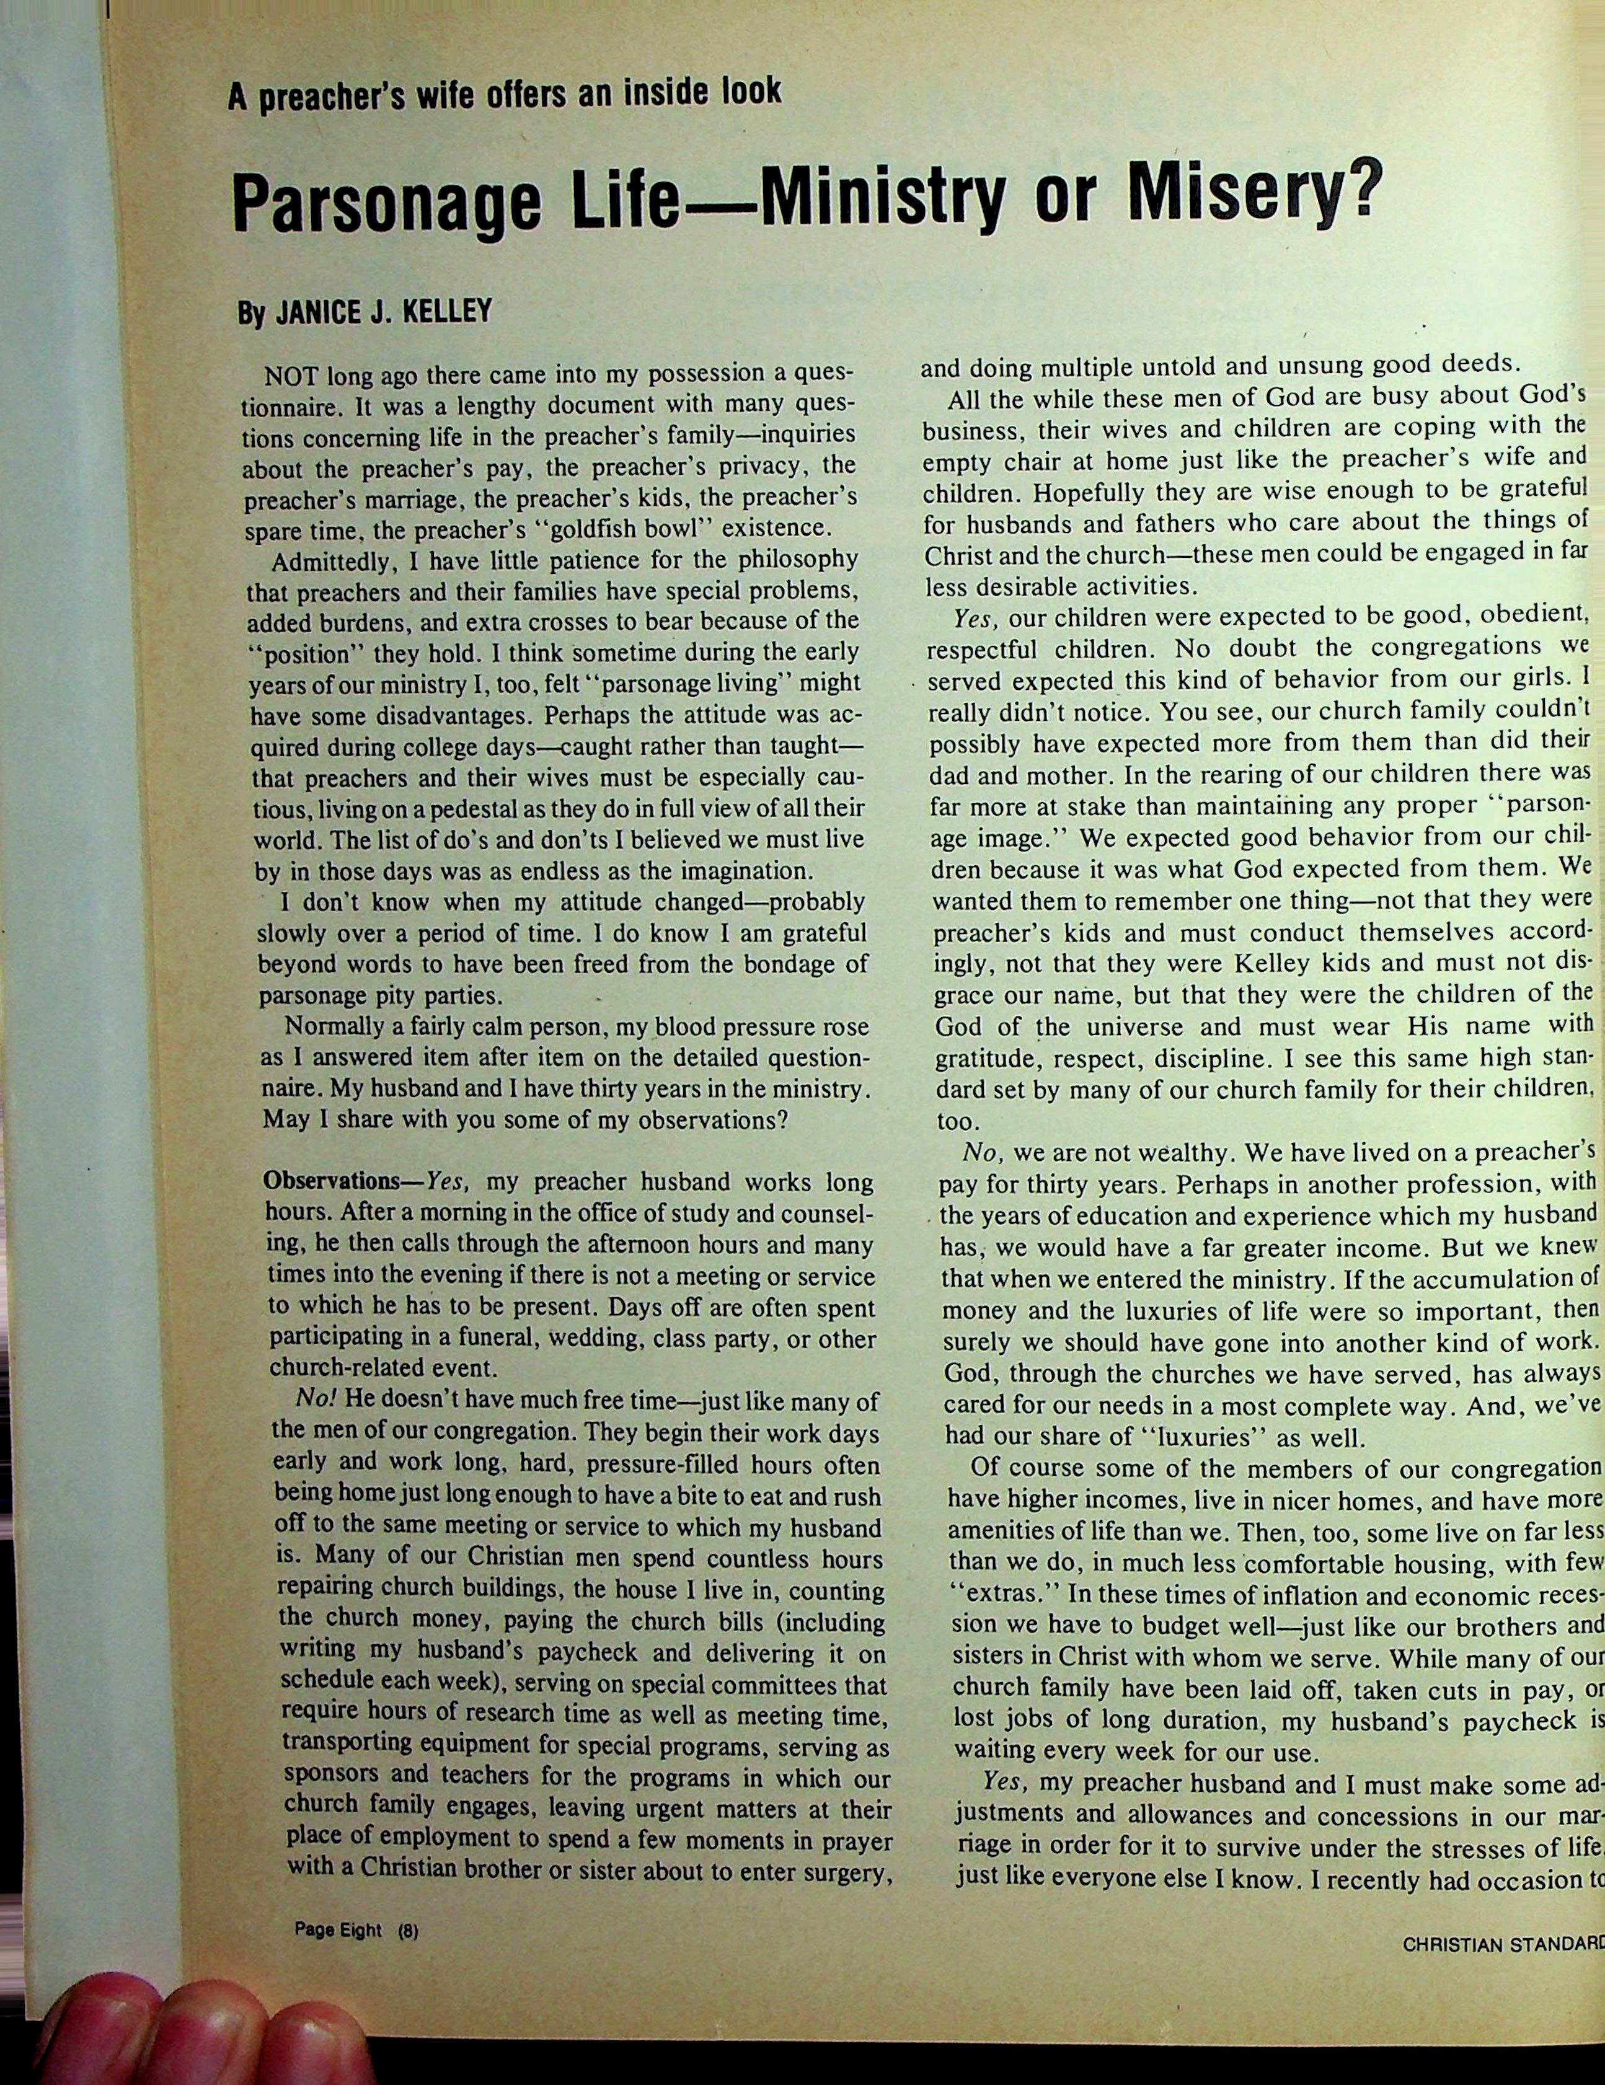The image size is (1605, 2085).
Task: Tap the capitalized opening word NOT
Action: (292, 373)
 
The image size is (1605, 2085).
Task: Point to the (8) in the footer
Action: (409, 1929)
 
